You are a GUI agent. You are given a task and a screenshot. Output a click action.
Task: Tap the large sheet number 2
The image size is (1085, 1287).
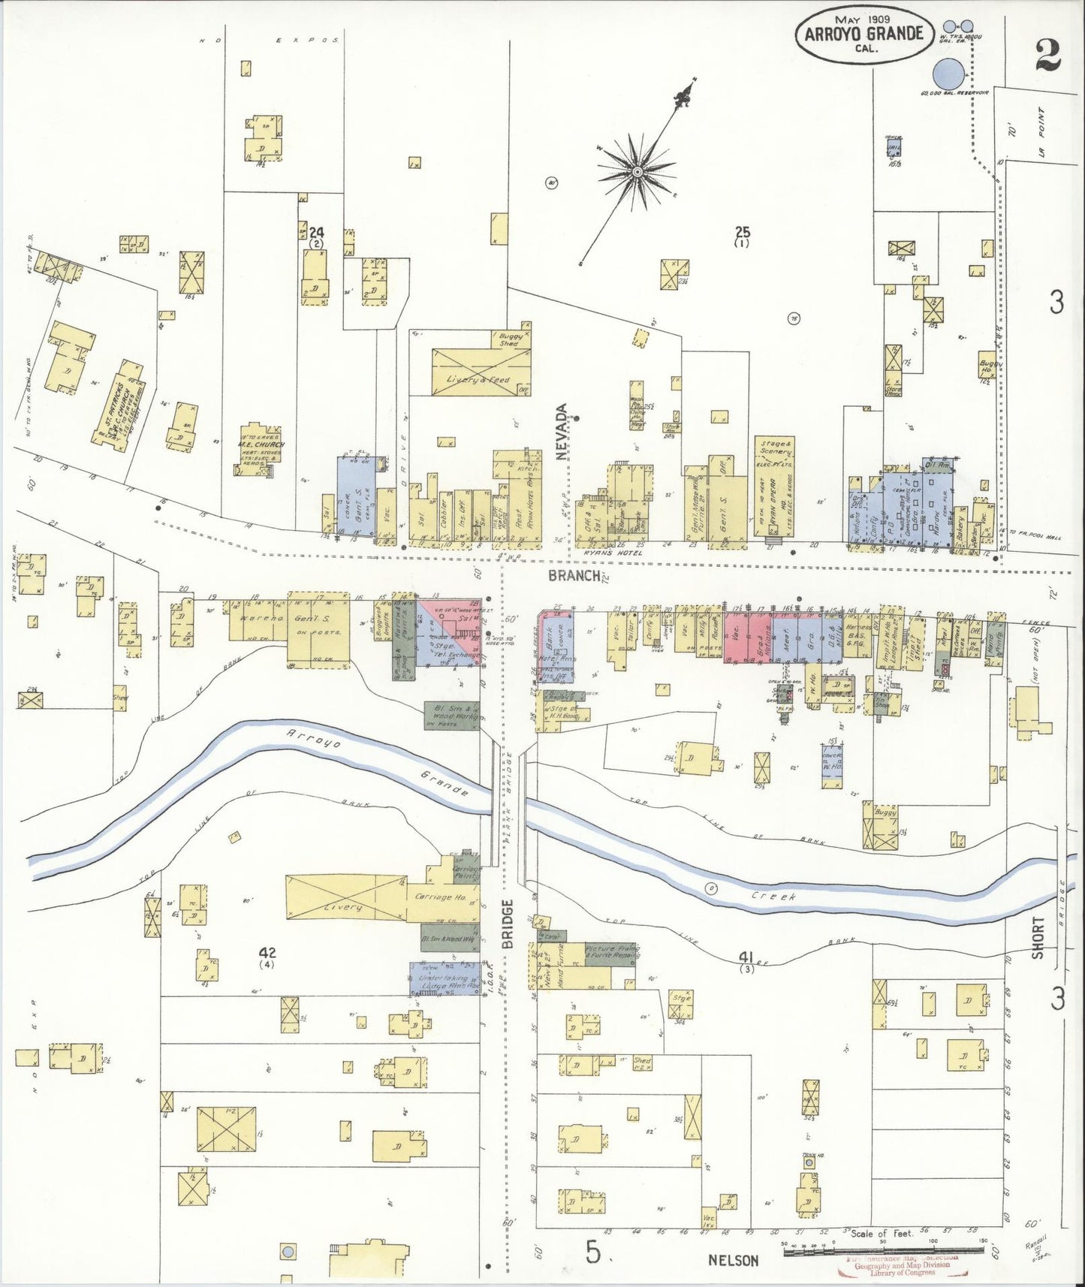(x=1047, y=54)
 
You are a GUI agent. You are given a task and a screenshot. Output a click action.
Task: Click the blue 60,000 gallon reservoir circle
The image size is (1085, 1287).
(x=948, y=75)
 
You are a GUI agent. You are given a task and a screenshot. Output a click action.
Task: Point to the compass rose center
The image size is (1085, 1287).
(x=637, y=172)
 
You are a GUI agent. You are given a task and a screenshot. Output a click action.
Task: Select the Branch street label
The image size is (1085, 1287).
(x=574, y=576)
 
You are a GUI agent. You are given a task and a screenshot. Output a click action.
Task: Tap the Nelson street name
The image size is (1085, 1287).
(x=733, y=1261)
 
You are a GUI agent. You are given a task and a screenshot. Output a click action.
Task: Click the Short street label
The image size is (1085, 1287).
(x=1038, y=937)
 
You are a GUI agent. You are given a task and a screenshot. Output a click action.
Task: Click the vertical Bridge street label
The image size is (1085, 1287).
(x=508, y=924)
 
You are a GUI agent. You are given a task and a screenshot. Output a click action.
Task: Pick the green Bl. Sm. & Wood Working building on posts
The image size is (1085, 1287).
(x=451, y=714)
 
